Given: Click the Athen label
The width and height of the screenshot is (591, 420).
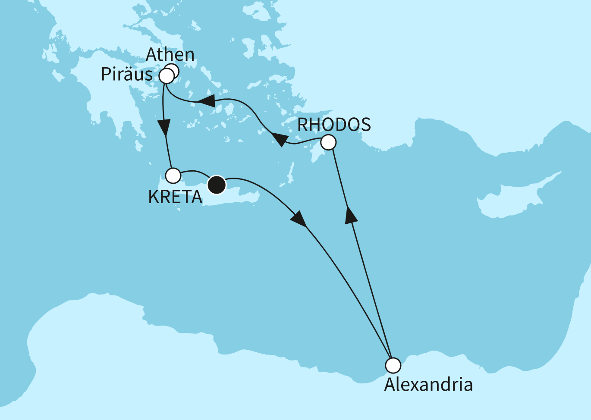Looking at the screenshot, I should (170, 55).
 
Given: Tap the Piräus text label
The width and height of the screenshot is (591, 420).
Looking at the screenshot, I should (127, 75).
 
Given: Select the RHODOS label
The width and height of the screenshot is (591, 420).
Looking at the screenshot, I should (334, 125).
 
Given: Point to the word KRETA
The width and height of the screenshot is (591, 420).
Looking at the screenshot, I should (175, 197).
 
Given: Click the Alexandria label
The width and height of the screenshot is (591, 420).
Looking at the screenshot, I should (428, 385).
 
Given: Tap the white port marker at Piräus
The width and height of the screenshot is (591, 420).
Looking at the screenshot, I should (166, 77).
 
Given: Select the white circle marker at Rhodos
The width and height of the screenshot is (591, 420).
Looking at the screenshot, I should (329, 142).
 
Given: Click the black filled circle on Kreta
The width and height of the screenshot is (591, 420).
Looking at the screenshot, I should (217, 185).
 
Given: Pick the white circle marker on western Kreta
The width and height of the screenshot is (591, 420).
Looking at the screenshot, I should (173, 176).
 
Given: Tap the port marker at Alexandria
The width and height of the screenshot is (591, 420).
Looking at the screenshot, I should (393, 366).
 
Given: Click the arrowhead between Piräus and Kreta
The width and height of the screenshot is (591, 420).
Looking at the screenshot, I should (164, 128).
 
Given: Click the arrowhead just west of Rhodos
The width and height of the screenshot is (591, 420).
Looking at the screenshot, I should (280, 140).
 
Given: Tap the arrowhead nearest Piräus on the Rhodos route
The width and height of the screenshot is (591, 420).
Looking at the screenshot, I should (207, 102).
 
